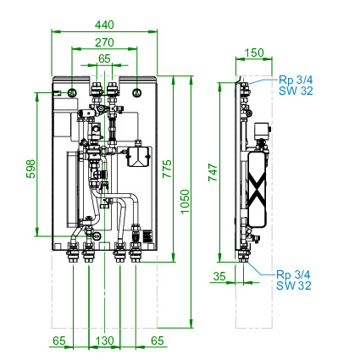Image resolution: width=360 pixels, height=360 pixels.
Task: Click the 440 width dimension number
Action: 104,25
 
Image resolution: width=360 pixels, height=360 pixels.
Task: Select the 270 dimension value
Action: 104,42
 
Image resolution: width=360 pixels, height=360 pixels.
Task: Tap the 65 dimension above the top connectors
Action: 104,58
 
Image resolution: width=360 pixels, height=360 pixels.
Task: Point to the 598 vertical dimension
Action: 30,169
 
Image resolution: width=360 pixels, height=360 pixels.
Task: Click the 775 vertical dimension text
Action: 167,169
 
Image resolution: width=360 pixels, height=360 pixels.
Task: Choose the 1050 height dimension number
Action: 185,202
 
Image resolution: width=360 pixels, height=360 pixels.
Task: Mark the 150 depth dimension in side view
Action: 254,53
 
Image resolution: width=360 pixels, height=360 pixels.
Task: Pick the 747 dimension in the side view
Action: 213,173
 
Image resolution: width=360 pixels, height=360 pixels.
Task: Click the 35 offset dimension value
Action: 219,276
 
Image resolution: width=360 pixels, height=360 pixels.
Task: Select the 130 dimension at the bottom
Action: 104,341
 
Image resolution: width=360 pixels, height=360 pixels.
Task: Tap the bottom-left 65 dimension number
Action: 59,341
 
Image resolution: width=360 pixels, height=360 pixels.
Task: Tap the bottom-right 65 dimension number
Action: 158,341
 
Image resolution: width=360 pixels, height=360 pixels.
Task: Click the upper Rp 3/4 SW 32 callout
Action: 296,85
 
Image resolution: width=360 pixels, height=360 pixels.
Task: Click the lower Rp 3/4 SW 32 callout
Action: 294,280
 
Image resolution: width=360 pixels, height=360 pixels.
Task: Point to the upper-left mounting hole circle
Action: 72,92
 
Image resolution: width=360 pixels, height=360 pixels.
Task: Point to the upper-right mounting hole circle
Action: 137,92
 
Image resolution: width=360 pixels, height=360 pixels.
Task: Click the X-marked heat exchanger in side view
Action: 257,189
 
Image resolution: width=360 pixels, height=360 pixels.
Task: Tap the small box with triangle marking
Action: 137,156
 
